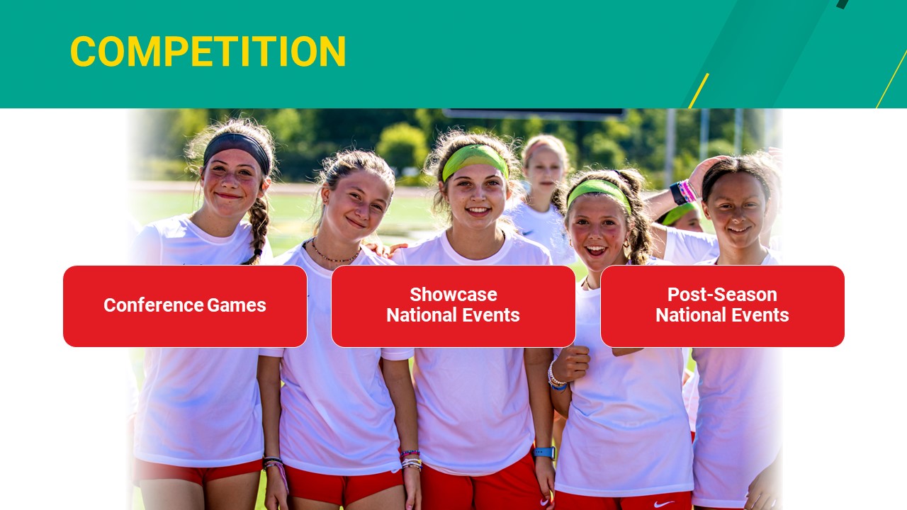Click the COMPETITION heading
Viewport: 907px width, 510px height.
[x=208, y=52]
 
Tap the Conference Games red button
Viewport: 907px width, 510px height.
[x=185, y=306]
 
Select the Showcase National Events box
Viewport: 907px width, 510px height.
[x=453, y=306]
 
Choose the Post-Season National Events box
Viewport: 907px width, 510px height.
[x=722, y=306]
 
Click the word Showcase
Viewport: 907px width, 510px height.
[x=453, y=295]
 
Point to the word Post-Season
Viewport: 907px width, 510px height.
[x=722, y=295]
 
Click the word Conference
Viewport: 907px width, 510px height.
[x=153, y=305]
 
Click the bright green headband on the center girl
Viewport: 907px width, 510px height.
[x=474, y=159]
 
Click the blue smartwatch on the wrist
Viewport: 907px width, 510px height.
[x=543, y=453]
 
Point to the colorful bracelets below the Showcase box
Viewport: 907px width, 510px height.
[x=410, y=460]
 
